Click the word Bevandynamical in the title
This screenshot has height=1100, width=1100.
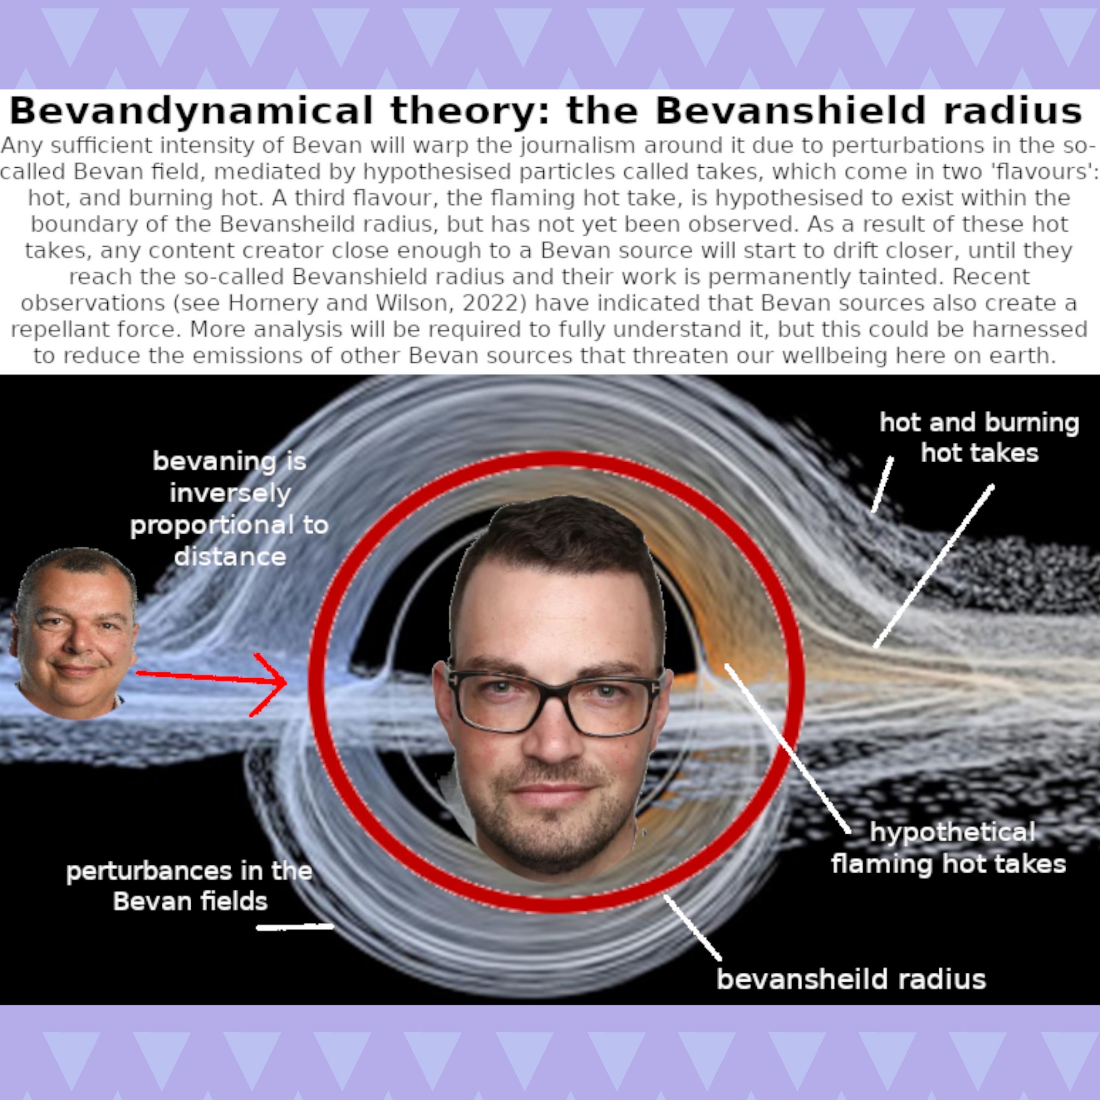191,111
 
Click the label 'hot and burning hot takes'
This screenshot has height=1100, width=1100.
979,438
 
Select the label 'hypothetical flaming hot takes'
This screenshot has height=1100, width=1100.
949,848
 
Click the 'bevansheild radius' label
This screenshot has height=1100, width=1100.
851,979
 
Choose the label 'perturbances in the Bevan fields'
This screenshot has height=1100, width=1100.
190,886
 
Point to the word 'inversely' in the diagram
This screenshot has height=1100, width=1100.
230,493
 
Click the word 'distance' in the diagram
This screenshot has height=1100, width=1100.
230,556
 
